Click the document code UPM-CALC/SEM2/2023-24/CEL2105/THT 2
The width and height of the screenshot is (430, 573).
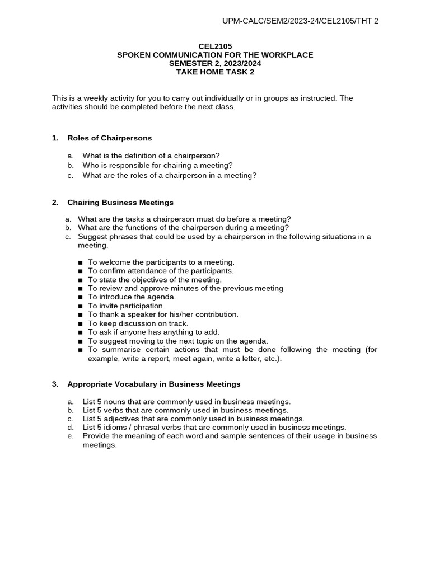(300, 21)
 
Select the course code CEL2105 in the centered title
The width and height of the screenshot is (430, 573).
(215, 46)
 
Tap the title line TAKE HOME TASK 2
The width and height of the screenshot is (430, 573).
(215, 72)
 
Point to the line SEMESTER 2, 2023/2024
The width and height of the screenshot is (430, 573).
(215, 63)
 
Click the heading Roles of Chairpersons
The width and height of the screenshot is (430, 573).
(109, 138)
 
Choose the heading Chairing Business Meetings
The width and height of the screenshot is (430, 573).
(120, 203)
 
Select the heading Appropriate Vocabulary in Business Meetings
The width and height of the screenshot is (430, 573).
(153, 384)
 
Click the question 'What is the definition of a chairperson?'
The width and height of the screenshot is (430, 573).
(151, 156)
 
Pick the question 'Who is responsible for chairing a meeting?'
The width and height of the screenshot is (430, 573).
(157, 165)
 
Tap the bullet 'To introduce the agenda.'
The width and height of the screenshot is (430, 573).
(132, 297)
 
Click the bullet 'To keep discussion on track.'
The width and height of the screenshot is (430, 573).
(138, 323)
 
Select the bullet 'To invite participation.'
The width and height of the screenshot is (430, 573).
(126, 306)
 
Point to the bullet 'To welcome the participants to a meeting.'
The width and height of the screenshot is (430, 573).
(161, 262)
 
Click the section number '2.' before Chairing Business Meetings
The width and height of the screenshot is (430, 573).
(55, 203)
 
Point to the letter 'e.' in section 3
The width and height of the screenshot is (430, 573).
(70, 436)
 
